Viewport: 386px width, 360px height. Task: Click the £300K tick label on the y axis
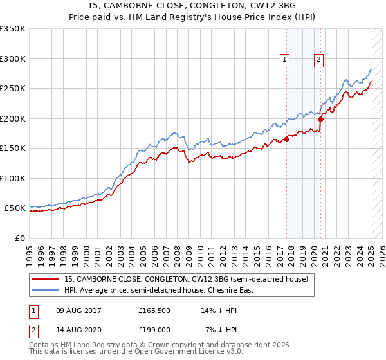click(x=13, y=59)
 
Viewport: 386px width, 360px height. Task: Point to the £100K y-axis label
click(x=13, y=178)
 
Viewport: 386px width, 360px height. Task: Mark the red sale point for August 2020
click(x=321, y=118)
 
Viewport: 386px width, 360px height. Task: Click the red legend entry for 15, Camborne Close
click(x=187, y=279)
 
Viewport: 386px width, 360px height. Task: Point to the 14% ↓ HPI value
click(x=219, y=310)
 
